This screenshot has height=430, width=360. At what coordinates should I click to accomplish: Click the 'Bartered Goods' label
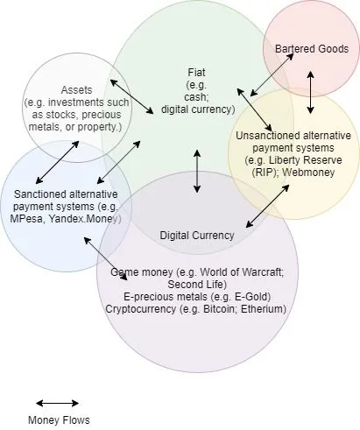[x=312, y=49]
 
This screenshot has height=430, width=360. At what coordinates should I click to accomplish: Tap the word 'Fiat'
[x=196, y=72]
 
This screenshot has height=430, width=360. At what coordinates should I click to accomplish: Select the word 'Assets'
[x=76, y=90]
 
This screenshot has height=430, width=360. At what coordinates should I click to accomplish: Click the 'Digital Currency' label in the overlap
[x=197, y=236]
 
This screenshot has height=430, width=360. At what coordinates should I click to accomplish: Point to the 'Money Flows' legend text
[x=59, y=420]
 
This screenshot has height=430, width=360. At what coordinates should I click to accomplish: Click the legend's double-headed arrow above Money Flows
[x=57, y=403]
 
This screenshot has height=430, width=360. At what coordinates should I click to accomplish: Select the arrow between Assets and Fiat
[x=131, y=96]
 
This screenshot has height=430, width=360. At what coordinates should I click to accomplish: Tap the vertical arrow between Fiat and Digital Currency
[x=197, y=171]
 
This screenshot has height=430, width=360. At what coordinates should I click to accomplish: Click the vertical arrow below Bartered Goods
[x=310, y=92]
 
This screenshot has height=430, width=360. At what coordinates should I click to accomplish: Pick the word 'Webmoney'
[x=308, y=173]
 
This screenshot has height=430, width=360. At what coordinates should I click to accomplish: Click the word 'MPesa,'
[x=27, y=219]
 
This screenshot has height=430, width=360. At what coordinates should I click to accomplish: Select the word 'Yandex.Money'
[x=83, y=219]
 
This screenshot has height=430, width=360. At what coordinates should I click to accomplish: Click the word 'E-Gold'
[x=251, y=297]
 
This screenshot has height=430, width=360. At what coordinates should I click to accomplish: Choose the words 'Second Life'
[x=195, y=285]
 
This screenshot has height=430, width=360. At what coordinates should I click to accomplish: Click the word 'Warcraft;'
[x=263, y=272]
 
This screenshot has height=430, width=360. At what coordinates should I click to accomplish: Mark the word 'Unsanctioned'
[x=268, y=136]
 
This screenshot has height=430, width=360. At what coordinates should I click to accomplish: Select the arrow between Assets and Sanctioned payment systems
[x=57, y=162]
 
